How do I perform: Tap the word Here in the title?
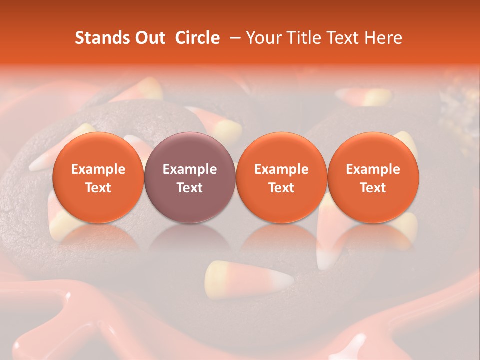click(383, 38)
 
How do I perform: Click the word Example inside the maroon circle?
click(190, 169)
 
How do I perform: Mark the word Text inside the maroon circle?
click(190, 188)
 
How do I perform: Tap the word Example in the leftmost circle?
click(98, 169)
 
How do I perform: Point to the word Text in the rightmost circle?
click(373, 188)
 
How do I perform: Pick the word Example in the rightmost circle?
click(373, 169)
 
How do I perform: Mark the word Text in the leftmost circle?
click(98, 188)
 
